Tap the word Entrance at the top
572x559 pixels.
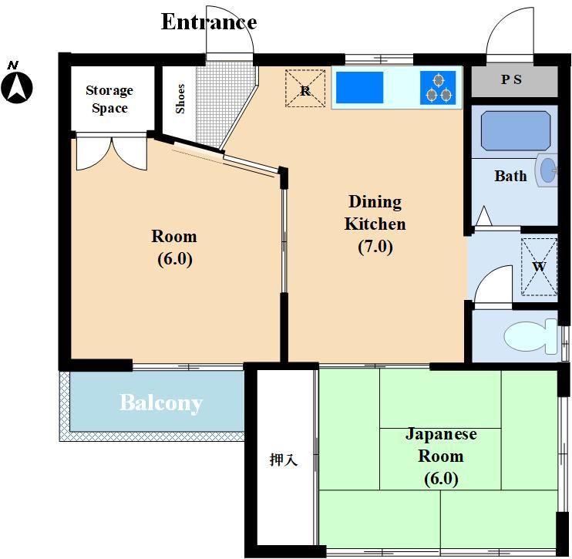point(209,22)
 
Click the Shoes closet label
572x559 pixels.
point(180,99)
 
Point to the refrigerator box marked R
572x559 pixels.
point(305,89)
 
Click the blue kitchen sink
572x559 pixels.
point(359,88)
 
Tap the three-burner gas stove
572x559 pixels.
point(438,88)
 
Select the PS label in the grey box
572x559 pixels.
point(511,79)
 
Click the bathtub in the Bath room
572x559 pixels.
point(516,131)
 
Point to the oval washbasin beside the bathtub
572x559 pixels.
point(547,170)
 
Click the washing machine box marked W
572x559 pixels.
point(539,267)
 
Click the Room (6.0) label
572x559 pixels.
point(174,248)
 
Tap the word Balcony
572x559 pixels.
point(161,403)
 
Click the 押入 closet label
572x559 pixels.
point(284,460)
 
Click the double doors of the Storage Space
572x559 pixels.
point(112,153)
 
